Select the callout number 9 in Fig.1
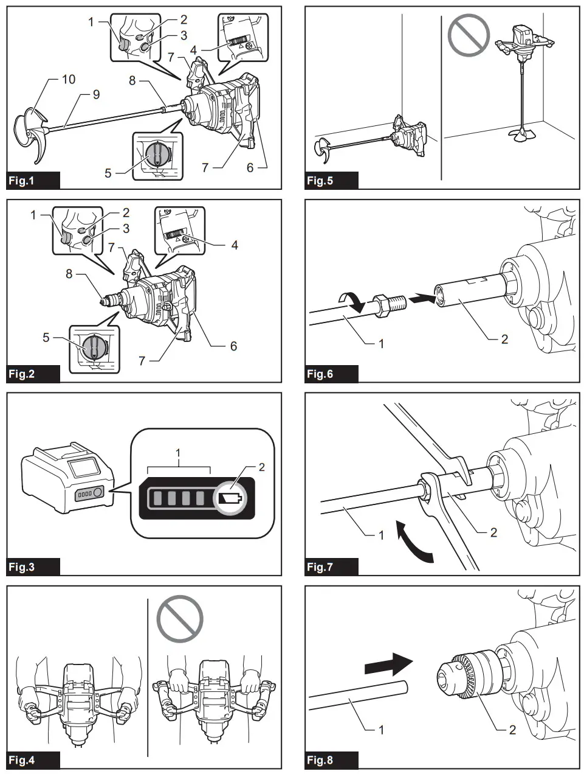[x=95, y=94]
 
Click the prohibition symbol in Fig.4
[x=180, y=618]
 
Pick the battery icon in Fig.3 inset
[x=229, y=499]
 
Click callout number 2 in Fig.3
[x=262, y=467]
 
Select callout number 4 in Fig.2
[x=235, y=245]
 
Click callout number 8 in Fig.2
[x=69, y=274]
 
